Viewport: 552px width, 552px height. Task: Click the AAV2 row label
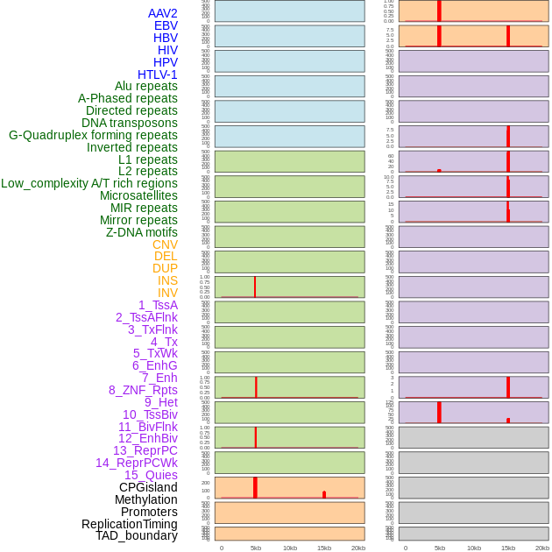pyautogui.click(x=163, y=13)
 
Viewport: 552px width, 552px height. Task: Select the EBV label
pyautogui.click(x=166, y=25)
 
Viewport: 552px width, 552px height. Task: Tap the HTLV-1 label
pyautogui.click(x=158, y=74)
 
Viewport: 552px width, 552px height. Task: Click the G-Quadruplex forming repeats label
pyautogui.click(x=93, y=135)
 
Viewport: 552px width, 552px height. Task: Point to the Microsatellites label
pyautogui.click(x=138, y=195)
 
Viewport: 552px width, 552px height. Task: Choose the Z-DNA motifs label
pyautogui.click(x=141, y=232)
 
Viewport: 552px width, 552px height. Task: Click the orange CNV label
pyautogui.click(x=165, y=244)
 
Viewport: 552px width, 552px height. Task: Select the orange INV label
pyautogui.click(x=167, y=293)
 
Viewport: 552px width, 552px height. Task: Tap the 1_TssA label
pyautogui.click(x=158, y=305)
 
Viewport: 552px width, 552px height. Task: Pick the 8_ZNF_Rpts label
pyautogui.click(x=143, y=390)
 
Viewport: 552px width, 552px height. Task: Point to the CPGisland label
pyautogui.click(x=148, y=487)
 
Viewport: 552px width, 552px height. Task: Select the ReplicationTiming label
pyautogui.click(x=130, y=524)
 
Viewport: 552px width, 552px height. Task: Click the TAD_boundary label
pyautogui.click(x=137, y=535)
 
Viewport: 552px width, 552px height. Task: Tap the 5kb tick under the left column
pyautogui.click(x=256, y=548)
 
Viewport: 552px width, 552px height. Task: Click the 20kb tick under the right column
pyautogui.click(x=541, y=548)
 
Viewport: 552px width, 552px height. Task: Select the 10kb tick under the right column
pyautogui.click(x=473, y=548)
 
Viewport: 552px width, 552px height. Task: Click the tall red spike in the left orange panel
pyautogui.click(x=255, y=487)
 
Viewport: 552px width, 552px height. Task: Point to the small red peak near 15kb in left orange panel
pyautogui.click(x=324, y=494)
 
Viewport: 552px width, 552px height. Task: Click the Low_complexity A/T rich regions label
pyautogui.click(x=89, y=183)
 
